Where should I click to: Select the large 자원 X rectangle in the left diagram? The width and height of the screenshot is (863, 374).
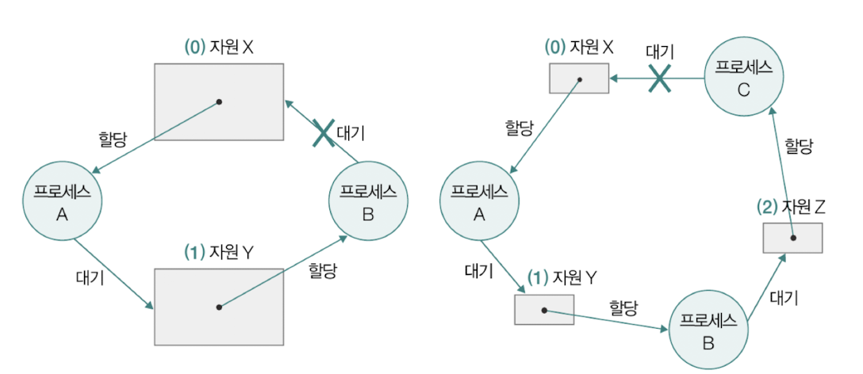(x=219, y=101)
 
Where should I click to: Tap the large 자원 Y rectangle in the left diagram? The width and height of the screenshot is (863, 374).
(x=219, y=307)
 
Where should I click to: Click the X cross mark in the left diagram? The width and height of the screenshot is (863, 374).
(x=322, y=132)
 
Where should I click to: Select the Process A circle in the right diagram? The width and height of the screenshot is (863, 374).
(x=479, y=203)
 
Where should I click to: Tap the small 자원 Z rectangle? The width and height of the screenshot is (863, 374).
(x=792, y=238)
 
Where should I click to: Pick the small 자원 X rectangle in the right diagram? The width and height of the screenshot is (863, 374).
(x=579, y=78)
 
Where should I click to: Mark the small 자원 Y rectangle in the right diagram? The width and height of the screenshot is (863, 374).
(x=544, y=309)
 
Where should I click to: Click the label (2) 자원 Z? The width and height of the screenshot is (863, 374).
(x=791, y=208)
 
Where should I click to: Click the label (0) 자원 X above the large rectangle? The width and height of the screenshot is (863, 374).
(x=219, y=48)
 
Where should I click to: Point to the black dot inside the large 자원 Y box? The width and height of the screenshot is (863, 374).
(x=219, y=307)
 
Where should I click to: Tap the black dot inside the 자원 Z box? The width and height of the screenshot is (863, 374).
(x=792, y=238)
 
